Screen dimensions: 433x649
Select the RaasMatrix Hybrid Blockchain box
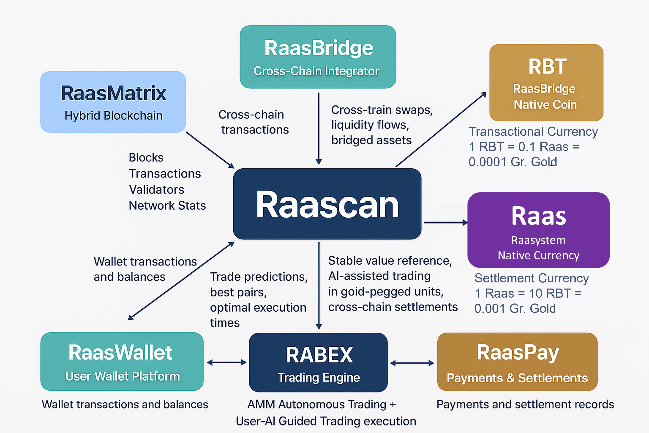113,102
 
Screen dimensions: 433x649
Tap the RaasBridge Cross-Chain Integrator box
318,57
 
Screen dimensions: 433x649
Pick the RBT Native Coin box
546,83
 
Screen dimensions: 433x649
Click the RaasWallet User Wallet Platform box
122,362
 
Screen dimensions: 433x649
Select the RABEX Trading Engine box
318,362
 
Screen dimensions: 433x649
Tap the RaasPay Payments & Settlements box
517,362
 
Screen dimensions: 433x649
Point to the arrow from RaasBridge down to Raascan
319,128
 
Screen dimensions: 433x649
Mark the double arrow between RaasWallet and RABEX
227,363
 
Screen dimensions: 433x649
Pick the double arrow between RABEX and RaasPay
412,363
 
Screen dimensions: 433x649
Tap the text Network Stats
167,206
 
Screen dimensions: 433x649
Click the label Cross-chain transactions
253,122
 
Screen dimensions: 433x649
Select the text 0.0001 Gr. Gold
513,162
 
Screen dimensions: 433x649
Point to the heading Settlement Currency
531,278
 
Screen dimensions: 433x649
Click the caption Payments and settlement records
525,404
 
